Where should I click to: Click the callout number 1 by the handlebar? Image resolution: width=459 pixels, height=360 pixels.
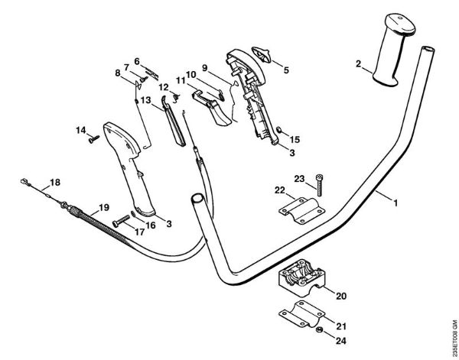click(x=396, y=204)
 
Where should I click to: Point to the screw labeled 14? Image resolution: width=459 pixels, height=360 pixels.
click(x=94, y=138)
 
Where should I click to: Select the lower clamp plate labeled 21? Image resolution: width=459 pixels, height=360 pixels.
click(x=300, y=319)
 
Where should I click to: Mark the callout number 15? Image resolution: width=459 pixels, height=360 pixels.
click(x=295, y=140)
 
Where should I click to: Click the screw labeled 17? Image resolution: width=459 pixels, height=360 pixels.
click(x=120, y=219)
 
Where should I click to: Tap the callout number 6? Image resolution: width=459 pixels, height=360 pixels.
click(x=136, y=60)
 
